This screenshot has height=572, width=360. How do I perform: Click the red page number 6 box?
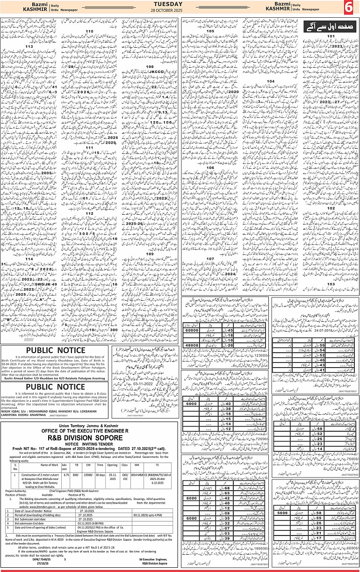349,8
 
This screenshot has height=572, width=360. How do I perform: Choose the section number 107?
210,258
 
